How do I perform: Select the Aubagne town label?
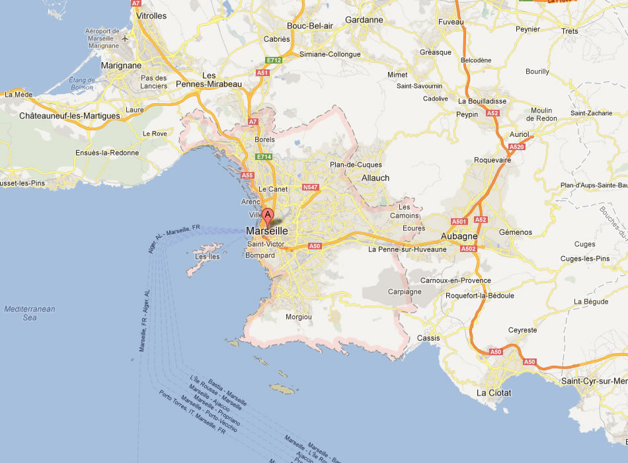pos(459,236)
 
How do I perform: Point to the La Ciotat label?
pos(493,393)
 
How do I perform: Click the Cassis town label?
pos(429,338)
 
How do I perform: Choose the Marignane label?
pos(121,65)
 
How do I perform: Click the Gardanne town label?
pos(364,20)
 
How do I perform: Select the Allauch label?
pos(375,178)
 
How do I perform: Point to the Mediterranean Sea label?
pos(29,313)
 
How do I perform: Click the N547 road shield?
pos(310,188)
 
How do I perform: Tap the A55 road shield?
pos(247,175)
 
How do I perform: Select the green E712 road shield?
pos(275,60)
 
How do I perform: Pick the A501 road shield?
pos(459,221)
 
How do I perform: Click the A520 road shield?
pos(517,147)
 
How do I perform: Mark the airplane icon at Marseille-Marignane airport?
pos(125,38)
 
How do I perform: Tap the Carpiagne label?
pos(404,291)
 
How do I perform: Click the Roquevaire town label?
pos(492,160)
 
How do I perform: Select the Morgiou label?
pos(298,317)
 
